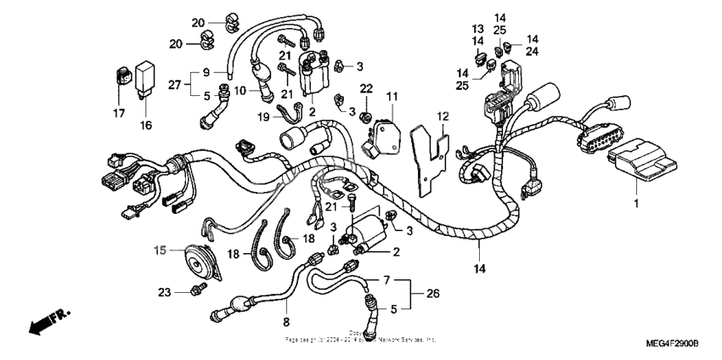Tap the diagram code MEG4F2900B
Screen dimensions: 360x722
[x=670, y=342]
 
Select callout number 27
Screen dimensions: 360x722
[x=175, y=85]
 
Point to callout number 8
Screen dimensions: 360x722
[x=285, y=322]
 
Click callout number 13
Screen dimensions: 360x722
[x=478, y=27]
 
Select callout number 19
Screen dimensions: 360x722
[x=263, y=117]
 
